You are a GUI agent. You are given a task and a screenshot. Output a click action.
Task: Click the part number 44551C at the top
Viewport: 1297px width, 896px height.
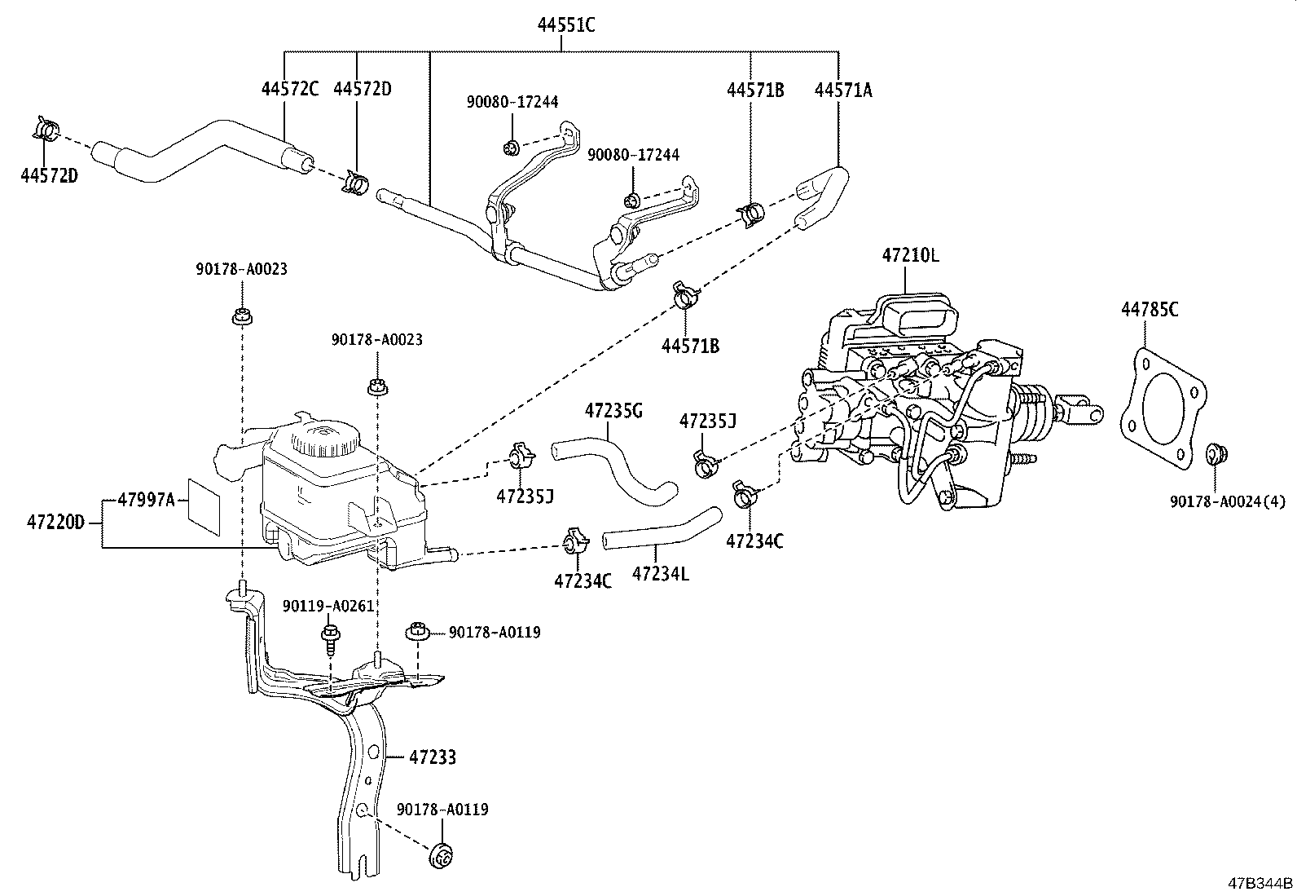tap(565, 25)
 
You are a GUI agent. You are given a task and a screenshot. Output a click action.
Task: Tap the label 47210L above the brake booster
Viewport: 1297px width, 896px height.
tap(910, 254)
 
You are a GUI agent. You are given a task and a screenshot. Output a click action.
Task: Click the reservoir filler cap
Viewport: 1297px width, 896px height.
tap(323, 441)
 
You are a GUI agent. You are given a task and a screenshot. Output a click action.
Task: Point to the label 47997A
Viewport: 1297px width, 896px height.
tap(147, 499)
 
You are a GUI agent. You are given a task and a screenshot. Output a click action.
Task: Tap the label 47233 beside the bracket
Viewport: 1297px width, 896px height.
tap(432, 757)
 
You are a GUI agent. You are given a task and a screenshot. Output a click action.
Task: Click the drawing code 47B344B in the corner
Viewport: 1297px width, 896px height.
tap(1260, 883)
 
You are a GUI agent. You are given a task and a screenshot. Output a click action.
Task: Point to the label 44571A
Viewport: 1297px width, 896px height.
tap(842, 90)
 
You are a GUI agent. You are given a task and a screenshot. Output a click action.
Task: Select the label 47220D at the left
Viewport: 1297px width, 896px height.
tap(54, 522)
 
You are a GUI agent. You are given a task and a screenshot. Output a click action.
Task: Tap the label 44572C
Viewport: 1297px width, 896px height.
tap(290, 90)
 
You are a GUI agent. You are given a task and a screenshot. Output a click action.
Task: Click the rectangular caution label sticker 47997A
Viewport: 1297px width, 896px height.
tap(204, 505)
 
